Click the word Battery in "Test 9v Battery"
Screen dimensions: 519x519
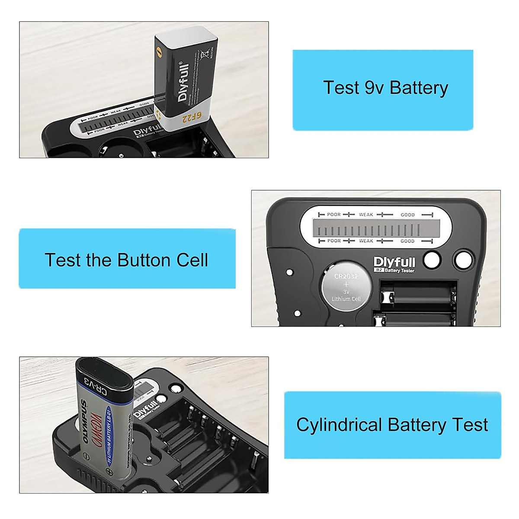tap(419, 88)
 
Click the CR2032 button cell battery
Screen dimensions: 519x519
tap(346, 287)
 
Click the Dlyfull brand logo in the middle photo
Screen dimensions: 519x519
tap(394, 262)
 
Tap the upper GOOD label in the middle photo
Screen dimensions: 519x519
tap(407, 215)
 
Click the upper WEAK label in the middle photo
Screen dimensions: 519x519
tap(366, 215)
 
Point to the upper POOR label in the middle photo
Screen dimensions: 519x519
tap(334, 215)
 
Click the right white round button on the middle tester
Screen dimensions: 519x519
tap(463, 260)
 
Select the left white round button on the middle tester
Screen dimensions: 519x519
tap(432, 260)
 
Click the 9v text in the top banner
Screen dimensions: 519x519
tap(374, 88)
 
